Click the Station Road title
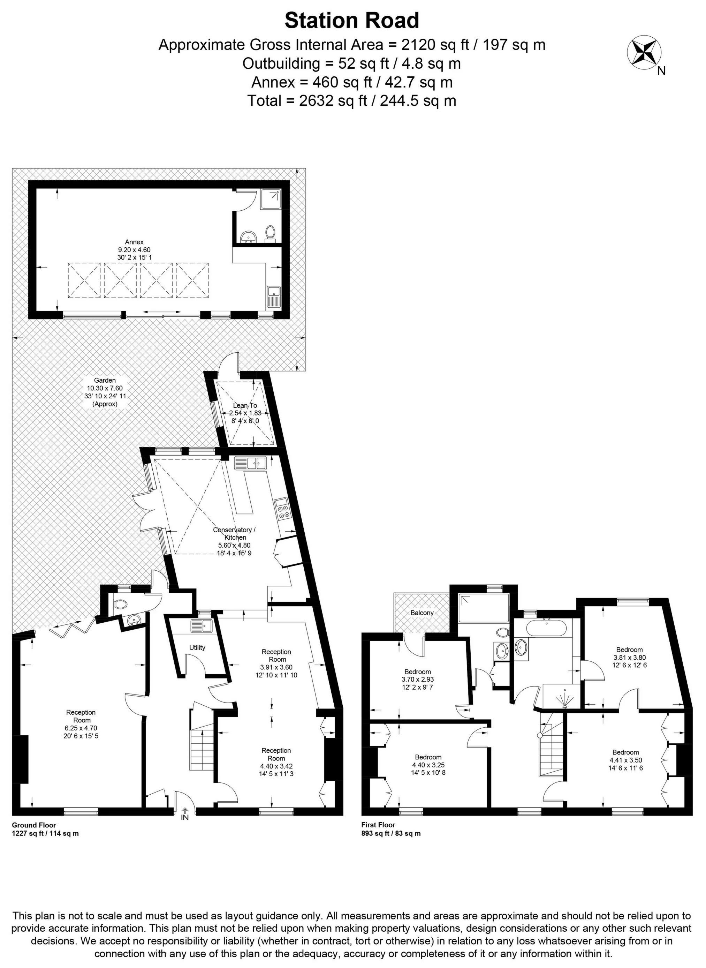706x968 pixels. tap(352, 21)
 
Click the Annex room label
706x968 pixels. tap(134, 242)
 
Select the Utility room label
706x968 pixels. tap(197, 647)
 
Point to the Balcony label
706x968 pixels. tap(422, 613)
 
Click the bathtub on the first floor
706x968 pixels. tap(547, 629)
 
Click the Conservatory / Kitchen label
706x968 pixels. tap(235, 534)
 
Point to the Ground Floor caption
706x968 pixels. tap(34, 825)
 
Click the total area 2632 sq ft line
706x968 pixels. tap(352, 101)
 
